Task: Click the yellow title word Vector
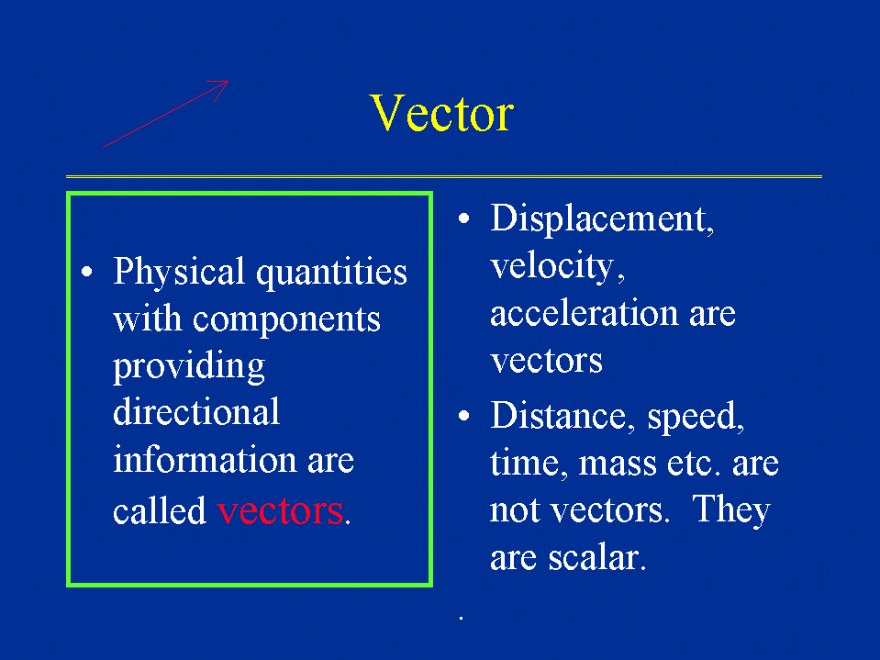point(441,113)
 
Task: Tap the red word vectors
point(280,510)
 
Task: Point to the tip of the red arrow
point(228,82)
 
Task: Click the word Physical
point(178,273)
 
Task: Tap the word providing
point(189,367)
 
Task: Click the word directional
point(196,411)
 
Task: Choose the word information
point(205,459)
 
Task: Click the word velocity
point(551,266)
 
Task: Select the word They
point(731,510)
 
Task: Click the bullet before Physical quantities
point(87,273)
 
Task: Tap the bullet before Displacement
point(463,218)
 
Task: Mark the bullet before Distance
point(463,415)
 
